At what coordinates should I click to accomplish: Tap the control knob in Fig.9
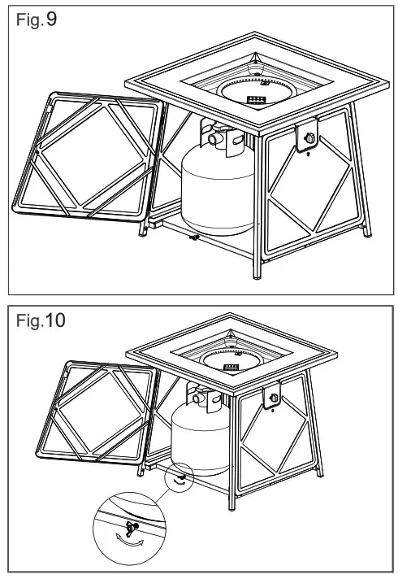pos(309,140)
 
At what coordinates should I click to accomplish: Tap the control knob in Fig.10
pos(273,398)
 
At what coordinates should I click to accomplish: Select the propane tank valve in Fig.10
pos(198,397)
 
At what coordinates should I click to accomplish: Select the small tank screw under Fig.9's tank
pos(193,237)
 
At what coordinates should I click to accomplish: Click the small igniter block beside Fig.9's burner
pos(257,98)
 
